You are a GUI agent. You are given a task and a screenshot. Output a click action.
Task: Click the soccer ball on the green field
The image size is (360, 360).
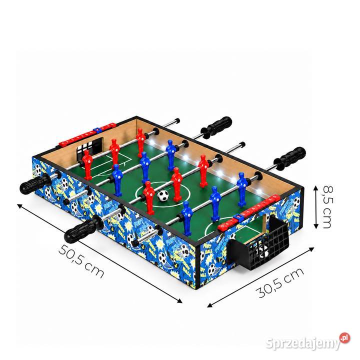tap(163, 195)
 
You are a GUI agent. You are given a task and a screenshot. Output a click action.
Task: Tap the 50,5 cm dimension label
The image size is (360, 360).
tap(81, 261)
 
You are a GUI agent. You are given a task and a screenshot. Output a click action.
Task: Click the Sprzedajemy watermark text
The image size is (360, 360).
tap(302, 343)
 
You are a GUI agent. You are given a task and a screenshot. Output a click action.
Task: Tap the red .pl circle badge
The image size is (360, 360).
tap(344, 338)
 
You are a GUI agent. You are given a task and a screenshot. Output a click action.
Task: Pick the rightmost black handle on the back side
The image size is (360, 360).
tap(290, 159)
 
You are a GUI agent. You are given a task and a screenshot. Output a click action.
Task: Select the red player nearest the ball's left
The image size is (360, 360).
tap(149, 197)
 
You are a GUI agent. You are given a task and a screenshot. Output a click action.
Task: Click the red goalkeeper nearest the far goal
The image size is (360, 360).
tap(87, 164)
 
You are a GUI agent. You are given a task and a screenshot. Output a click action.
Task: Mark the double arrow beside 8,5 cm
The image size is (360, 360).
tap(316, 207)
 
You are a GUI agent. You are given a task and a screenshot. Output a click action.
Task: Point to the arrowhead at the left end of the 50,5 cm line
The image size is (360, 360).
tap(19, 205)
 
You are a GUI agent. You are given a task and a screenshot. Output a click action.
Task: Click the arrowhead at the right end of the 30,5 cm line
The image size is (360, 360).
tap(311, 249)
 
